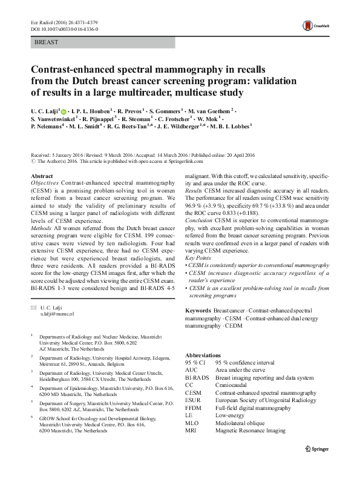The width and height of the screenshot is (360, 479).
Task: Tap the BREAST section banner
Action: click(102, 43)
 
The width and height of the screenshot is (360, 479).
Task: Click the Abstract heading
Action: click(42, 176)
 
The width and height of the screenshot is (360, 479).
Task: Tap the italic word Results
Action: click(195, 190)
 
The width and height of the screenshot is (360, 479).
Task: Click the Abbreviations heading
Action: click(203, 355)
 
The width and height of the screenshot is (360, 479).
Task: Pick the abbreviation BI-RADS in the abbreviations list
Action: click(197, 377)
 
